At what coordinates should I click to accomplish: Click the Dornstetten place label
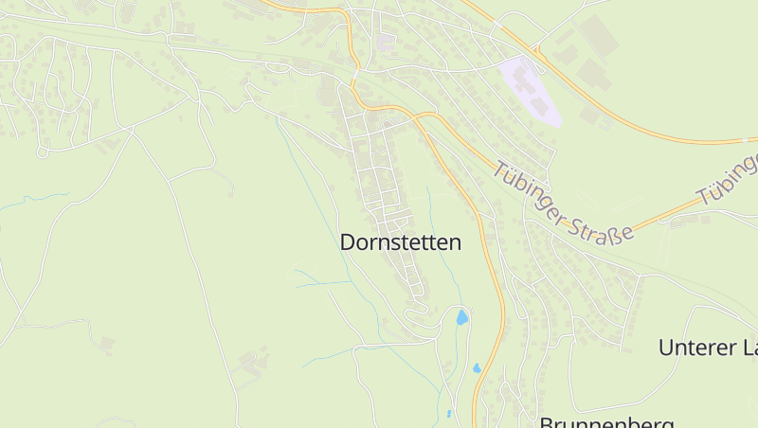point(401,242)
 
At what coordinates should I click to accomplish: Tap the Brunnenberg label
point(606,422)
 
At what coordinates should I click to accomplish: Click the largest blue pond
point(461,317)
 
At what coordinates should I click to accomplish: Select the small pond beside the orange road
point(477,367)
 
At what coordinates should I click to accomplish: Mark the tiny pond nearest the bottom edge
point(448,414)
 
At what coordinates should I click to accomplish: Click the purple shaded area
point(531,90)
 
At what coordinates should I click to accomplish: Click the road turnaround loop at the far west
point(42,152)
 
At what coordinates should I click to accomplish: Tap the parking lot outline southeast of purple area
point(592,116)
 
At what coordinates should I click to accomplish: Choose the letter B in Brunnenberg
point(547,422)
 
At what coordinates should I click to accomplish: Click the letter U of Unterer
point(665,348)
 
